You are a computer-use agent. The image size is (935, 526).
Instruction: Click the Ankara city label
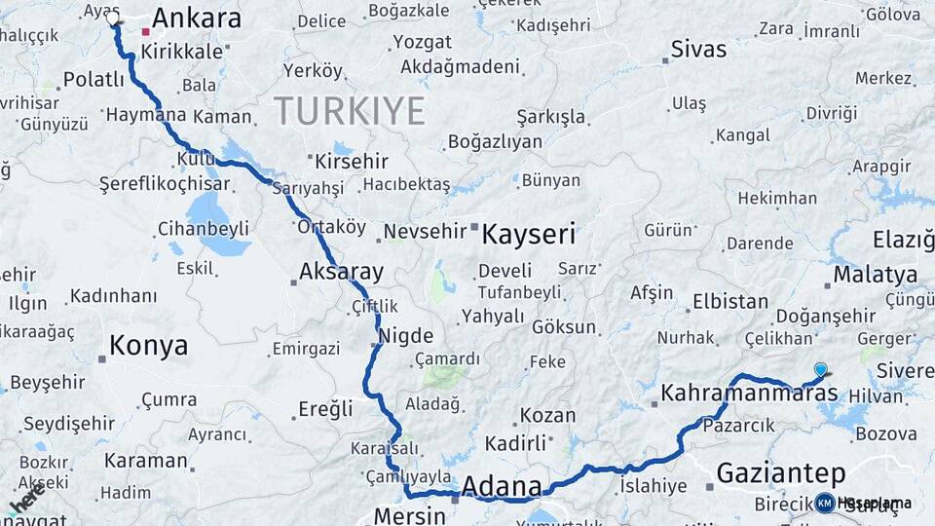[197, 19]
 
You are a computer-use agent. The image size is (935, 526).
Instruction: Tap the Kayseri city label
[529, 234]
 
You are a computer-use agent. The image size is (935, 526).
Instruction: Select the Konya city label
[148, 345]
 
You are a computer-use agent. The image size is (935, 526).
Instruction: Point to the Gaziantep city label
[780, 473]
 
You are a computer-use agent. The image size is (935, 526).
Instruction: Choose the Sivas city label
[698, 50]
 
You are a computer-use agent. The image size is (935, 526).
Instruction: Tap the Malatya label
[875, 275]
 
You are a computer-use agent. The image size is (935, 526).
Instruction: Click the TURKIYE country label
[349, 111]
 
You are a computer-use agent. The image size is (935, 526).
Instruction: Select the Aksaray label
[341, 272]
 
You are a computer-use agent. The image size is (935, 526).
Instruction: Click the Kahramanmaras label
[748, 394]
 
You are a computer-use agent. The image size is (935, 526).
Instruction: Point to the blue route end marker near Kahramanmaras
[820, 369]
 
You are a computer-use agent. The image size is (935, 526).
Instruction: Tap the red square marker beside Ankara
[146, 31]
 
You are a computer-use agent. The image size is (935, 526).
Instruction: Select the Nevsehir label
[425, 232]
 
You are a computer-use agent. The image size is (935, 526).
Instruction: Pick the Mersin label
[412, 515]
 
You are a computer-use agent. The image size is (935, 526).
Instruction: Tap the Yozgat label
[422, 42]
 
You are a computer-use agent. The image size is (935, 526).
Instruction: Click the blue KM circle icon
[824, 503]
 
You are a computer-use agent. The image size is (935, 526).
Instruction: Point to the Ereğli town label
[326, 409]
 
